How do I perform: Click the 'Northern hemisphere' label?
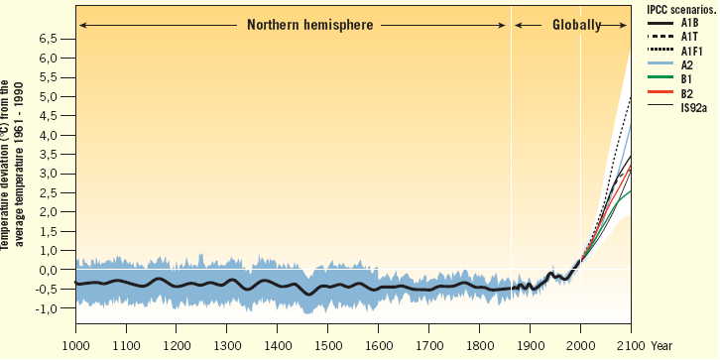[x=310, y=23]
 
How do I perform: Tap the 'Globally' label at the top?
[x=576, y=24]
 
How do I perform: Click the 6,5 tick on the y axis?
[x=49, y=40]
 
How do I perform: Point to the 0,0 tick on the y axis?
[x=49, y=270]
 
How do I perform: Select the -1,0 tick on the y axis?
[x=47, y=308]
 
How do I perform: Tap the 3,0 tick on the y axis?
[x=49, y=175]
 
